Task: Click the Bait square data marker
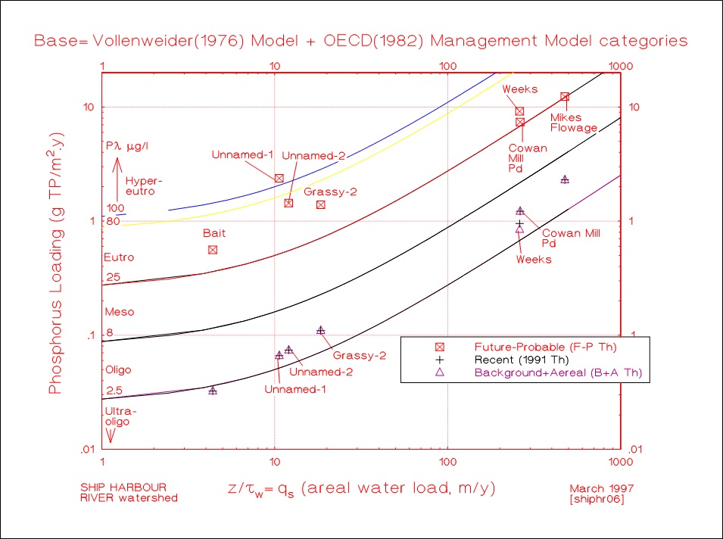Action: [x=213, y=250]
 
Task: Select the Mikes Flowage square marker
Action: [x=565, y=97]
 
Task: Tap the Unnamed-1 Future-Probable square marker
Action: [x=279, y=178]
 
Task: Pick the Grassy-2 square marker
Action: [x=321, y=204]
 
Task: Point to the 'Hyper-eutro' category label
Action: [x=145, y=186]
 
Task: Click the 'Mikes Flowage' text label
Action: [x=573, y=123]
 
